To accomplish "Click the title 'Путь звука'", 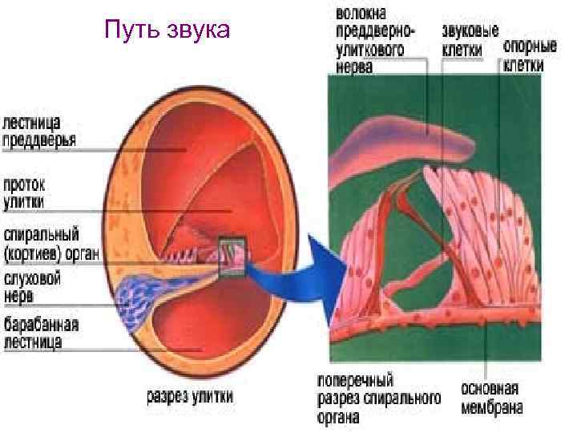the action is (x=167, y=30).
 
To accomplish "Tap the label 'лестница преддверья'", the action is (x=40, y=132).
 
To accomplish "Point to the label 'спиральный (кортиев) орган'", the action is (x=50, y=246).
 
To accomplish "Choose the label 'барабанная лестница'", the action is (x=41, y=334).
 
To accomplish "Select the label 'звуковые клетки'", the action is (x=470, y=41).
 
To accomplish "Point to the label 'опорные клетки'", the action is (x=523, y=55).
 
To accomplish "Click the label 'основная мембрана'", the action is (x=491, y=398).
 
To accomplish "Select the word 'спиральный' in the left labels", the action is (x=41, y=237).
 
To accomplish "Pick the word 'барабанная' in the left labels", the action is (x=41, y=326).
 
